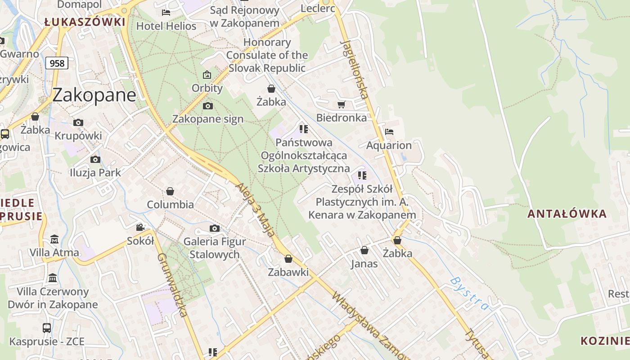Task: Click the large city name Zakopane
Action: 94,95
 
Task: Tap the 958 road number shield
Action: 57,63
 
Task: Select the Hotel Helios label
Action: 166,26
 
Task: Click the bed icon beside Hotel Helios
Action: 166,13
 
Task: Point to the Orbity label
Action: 207,88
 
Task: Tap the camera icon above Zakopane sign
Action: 207,106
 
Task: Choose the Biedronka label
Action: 341,118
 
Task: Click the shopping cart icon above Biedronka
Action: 341,104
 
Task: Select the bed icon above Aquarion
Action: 389,132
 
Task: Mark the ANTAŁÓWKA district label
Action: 567,214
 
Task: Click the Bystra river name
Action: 469,293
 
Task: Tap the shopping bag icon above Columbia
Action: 170,191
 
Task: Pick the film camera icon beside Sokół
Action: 140,228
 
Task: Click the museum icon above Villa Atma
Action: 54,238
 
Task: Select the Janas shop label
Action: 364,264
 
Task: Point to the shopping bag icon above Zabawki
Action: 288,259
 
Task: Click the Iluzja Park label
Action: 95,173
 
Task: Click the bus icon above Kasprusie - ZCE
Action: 47,328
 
